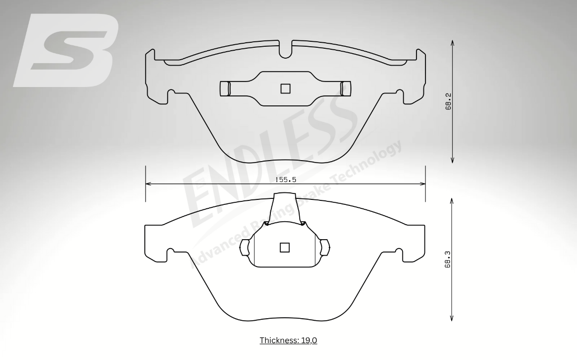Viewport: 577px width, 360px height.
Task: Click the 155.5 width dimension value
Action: [x=286, y=180]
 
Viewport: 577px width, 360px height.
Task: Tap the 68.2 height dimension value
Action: [x=448, y=101]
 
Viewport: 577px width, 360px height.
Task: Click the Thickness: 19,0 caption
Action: [x=288, y=340]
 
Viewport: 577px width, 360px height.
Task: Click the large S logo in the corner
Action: [x=66, y=50]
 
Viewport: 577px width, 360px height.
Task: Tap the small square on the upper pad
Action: [x=286, y=89]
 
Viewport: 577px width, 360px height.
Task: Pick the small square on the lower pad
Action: [x=284, y=247]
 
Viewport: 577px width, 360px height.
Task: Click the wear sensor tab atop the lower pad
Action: [x=287, y=208]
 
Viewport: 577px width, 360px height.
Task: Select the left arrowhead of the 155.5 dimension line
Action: [x=148, y=183]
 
